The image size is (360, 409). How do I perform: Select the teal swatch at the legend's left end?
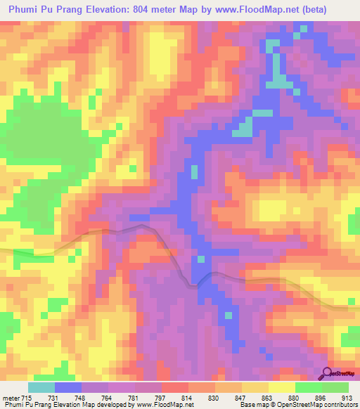pos(41,387)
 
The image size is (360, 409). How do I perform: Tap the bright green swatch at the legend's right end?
pos(335,387)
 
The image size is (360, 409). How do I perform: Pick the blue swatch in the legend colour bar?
pos(68,387)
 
